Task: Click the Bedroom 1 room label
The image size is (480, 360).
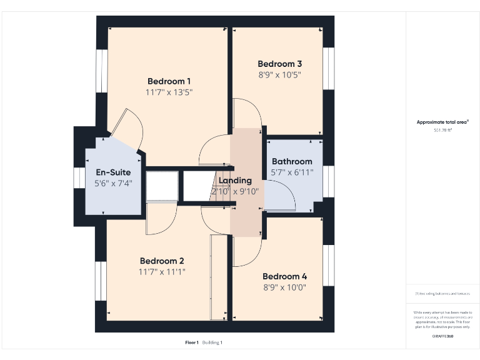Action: [x=169, y=81]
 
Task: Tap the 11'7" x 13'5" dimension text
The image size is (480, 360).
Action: [x=169, y=92]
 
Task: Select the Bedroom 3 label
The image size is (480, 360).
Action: [x=280, y=64]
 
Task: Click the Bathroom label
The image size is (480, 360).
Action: [x=292, y=161]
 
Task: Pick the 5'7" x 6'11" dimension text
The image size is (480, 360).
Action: [x=292, y=172]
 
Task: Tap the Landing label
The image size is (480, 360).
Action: [x=235, y=181]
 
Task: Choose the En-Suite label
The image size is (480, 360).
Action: [x=113, y=172]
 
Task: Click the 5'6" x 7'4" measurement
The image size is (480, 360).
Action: [x=113, y=184]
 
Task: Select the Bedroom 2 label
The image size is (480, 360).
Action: [x=161, y=261]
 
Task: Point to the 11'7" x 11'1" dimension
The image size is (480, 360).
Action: [x=161, y=272]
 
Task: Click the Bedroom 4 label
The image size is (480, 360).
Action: [x=284, y=276]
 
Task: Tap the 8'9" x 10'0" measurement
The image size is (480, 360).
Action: [x=284, y=287]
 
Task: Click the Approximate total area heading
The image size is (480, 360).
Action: [x=442, y=122]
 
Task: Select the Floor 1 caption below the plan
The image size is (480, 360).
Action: [x=192, y=342]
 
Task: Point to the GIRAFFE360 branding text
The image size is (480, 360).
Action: [x=442, y=337]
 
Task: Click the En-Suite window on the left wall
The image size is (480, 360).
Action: [x=79, y=177]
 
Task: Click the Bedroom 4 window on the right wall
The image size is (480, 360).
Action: [x=328, y=266]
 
